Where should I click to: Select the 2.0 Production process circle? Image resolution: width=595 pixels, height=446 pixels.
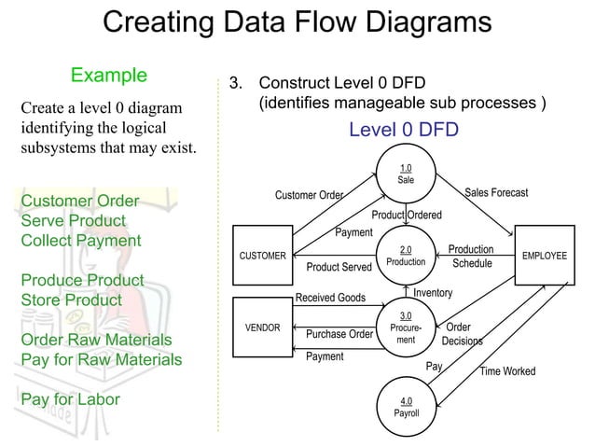(406, 256)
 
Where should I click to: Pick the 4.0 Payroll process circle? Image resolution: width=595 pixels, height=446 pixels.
(406, 407)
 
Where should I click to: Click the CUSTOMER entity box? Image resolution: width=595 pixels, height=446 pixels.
(263, 256)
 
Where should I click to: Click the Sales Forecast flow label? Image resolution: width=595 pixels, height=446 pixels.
(496, 193)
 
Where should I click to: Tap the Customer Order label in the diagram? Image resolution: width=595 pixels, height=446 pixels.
(309, 195)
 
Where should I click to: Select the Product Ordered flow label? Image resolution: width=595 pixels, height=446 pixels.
(407, 216)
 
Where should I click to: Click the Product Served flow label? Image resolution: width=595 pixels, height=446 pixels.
(339, 268)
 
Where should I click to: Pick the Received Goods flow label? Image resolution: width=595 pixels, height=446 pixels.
(330, 299)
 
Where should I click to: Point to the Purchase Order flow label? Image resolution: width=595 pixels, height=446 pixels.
(339, 334)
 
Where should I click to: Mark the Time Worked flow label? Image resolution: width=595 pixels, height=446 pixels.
(507, 371)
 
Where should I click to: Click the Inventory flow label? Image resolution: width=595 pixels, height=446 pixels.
(433, 294)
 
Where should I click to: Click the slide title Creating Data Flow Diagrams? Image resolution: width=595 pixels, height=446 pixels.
(297, 23)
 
